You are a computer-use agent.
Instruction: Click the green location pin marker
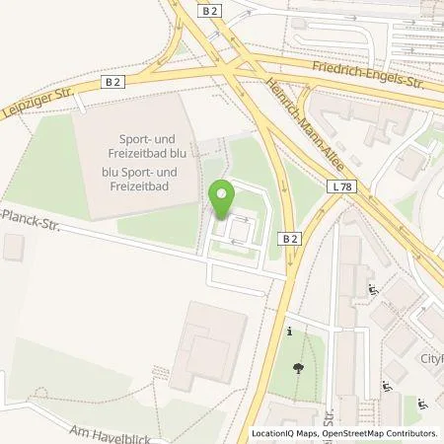pos(222,197)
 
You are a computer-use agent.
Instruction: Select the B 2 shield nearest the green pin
pos(288,238)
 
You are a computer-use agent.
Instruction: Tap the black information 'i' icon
pos(289,333)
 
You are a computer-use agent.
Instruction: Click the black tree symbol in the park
pos(298,368)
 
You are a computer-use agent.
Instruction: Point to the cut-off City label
pos(431,358)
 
